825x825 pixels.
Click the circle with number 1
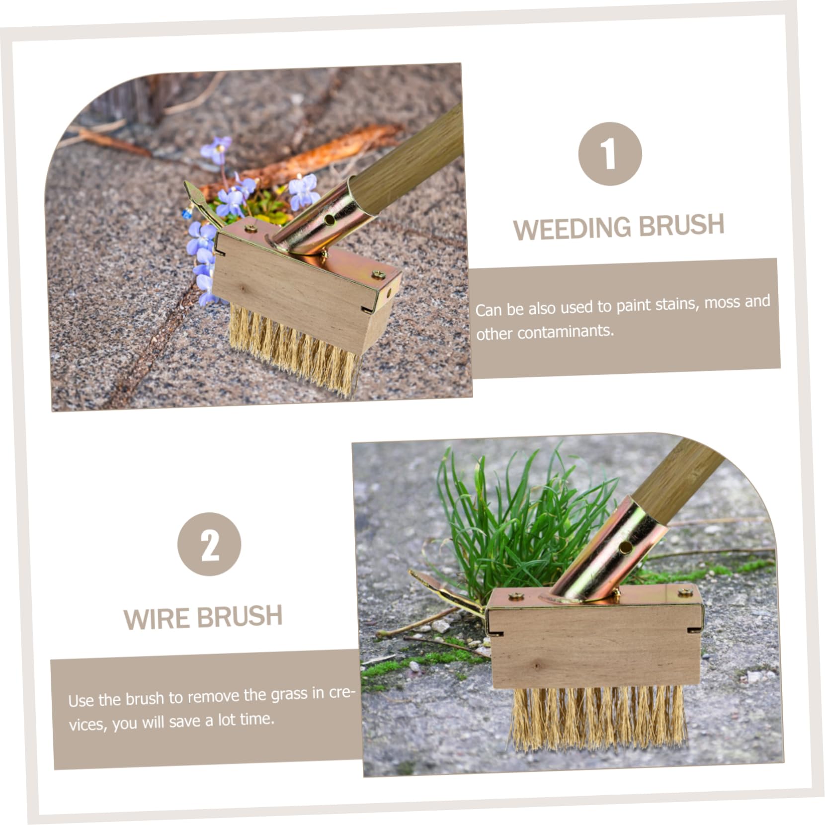(x=610, y=154)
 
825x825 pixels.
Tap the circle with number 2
(x=209, y=544)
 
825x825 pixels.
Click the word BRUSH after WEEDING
(x=681, y=225)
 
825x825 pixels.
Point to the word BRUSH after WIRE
(x=240, y=617)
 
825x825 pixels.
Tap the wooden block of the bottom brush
(x=594, y=646)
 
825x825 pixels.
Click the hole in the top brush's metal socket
(x=329, y=219)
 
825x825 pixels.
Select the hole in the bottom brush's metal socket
(x=625, y=548)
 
